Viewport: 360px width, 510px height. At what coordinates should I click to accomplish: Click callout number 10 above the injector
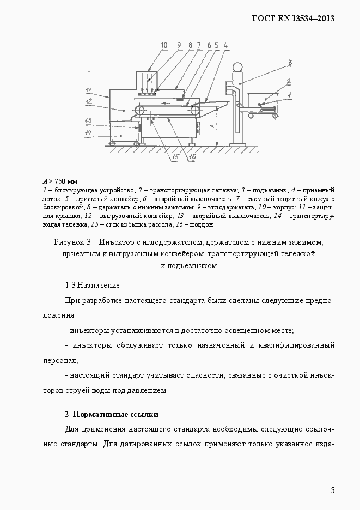click(149, 45)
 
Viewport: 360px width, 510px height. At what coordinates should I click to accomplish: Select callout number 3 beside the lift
click(290, 63)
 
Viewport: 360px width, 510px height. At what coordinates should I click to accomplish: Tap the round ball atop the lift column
click(237, 68)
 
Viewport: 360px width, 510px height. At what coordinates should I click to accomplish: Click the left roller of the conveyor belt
click(141, 110)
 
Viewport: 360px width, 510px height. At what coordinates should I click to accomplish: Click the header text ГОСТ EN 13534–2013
click(292, 18)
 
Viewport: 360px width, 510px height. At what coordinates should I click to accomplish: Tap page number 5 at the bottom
click(332, 490)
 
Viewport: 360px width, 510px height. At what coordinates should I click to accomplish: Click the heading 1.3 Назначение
click(92, 285)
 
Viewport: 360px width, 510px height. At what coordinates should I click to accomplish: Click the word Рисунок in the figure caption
click(69, 241)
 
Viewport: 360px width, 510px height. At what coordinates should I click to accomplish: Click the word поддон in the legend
click(202, 224)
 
